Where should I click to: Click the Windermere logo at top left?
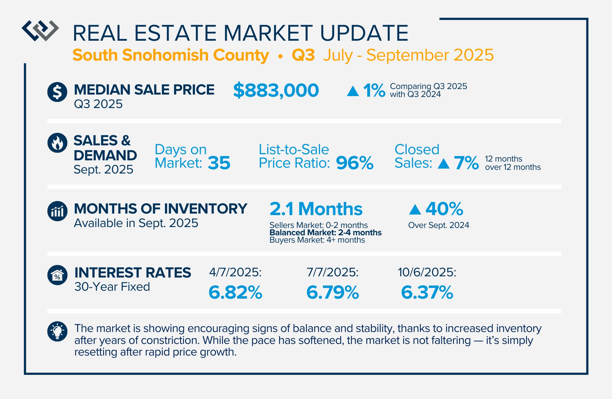[x=40, y=31]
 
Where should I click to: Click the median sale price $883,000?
[x=276, y=91]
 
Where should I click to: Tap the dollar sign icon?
[x=57, y=92]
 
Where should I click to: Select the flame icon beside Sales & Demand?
[x=57, y=143]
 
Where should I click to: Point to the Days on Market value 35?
[x=219, y=163]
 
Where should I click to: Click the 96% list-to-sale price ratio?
[x=355, y=163]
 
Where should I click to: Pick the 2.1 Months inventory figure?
[x=316, y=209]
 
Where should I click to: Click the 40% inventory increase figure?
[x=444, y=209]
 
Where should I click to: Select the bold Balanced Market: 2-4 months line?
[x=325, y=233]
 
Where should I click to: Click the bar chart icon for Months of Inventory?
[x=57, y=211]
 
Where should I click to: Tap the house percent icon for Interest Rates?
[x=57, y=275]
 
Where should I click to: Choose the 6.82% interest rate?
[x=235, y=292]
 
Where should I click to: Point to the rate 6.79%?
[x=333, y=292]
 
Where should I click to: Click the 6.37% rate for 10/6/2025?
[x=427, y=292]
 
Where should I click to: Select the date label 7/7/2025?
[x=333, y=272]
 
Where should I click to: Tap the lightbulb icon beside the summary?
[x=57, y=331]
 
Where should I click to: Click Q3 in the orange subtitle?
[x=303, y=55]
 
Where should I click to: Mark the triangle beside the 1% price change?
[x=353, y=91]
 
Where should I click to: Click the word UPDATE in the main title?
[x=364, y=33]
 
